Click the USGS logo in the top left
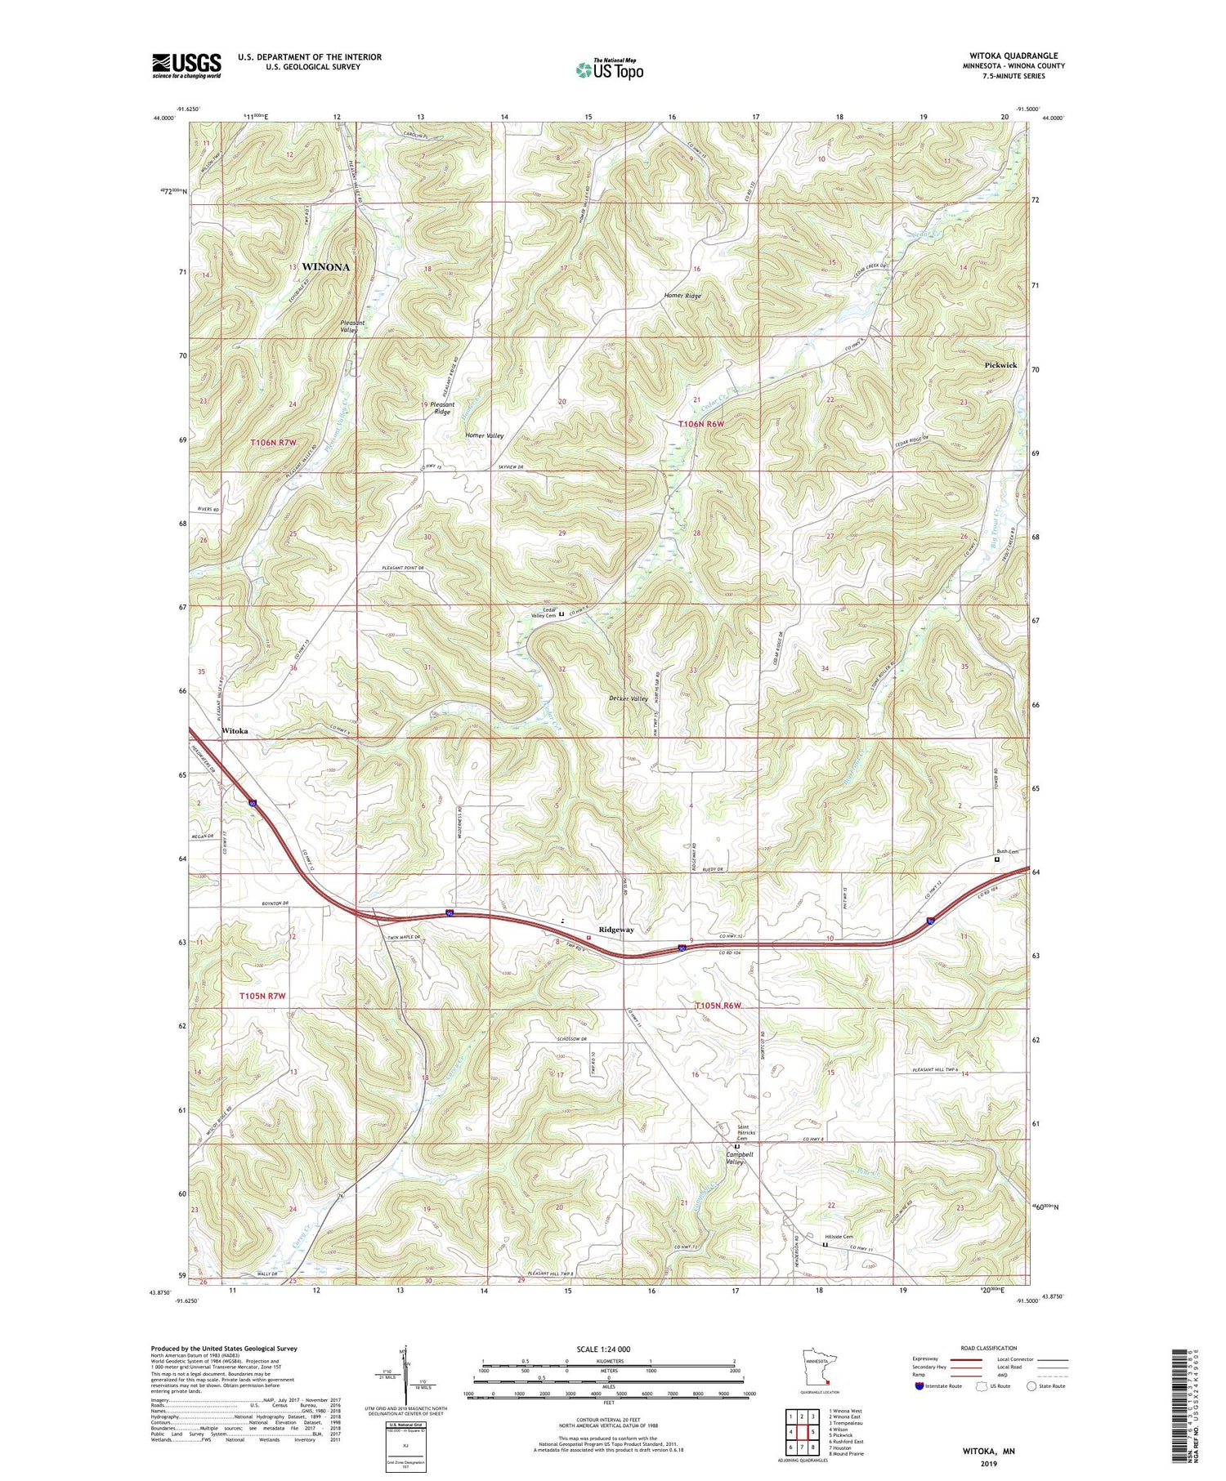(186, 65)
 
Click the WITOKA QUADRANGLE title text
(1017, 56)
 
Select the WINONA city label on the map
(325, 267)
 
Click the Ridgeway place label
(616, 930)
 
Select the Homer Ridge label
(682, 296)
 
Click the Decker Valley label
(629, 698)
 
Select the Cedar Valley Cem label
(544, 613)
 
